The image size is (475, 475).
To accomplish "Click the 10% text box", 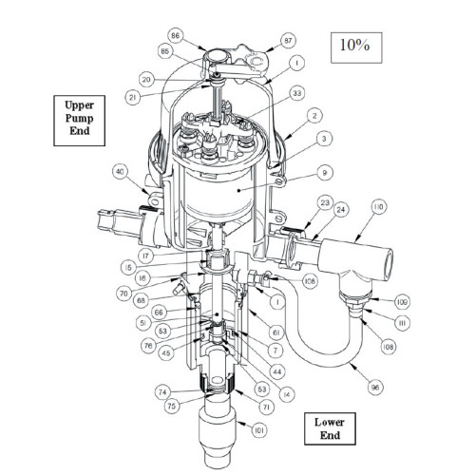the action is [x=356, y=47].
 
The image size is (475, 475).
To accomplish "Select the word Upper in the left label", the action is [x=79, y=105].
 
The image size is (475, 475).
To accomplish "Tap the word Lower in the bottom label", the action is [x=330, y=422].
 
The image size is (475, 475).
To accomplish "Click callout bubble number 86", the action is [x=175, y=35].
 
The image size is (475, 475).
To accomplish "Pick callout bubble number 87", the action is [x=288, y=41].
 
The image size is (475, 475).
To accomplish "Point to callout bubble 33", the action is [x=297, y=93].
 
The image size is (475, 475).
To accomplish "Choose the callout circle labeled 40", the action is [x=121, y=172].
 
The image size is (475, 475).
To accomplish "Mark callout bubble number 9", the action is [x=324, y=173].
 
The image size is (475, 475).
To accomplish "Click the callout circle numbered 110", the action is [x=378, y=207].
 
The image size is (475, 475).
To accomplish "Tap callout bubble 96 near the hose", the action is [x=375, y=388].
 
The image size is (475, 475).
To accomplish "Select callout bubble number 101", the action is [x=259, y=430].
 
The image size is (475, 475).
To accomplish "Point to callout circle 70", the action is [x=123, y=294].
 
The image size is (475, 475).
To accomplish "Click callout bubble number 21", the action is [x=133, y=98].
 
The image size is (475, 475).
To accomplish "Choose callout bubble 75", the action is [x=172, y=406].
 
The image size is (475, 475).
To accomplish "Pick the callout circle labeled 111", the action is [x=403, y=323].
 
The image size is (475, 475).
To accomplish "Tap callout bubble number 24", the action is [x=341, y=210].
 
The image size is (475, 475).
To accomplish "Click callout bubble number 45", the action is [x=166, y=352].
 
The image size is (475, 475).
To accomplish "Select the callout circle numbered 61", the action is [x=275, y=332].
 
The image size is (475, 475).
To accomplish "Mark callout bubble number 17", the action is [x=145, y=256].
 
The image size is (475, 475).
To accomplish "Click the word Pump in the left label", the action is [x=79, y=119].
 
